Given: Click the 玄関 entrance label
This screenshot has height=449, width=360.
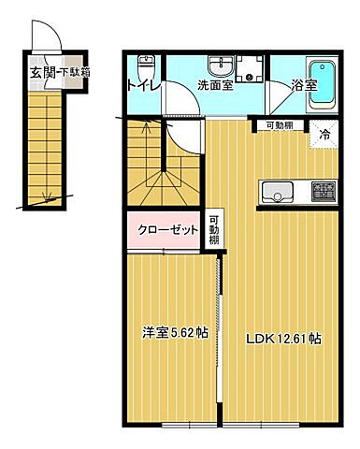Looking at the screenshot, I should [x=41, y=71].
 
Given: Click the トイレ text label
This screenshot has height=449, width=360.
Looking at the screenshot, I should [x=143, y=89].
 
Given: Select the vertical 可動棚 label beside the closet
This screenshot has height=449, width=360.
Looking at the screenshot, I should [x=214, y=229].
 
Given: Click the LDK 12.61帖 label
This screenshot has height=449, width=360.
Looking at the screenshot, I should [x=283, y=338].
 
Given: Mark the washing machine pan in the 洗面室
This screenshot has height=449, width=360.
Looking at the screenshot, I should [x=251, y=69].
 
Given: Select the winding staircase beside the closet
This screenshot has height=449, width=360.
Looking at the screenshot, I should [x=165, y=168].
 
